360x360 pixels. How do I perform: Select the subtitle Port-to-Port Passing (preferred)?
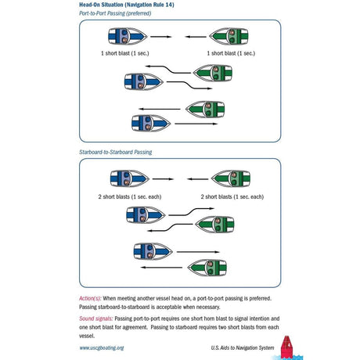point(115,13)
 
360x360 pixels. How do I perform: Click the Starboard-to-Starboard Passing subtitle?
point(116,152)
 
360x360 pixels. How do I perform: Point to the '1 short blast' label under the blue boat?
point(125,53)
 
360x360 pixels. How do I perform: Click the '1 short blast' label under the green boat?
point(231,53)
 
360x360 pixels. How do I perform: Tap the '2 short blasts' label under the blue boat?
point(130,196)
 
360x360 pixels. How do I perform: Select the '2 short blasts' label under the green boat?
point(232,196)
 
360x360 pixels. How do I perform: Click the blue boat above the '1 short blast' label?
point(128,36)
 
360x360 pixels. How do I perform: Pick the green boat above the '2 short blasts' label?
point(231,179)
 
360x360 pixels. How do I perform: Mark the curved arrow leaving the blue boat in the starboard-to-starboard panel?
point(192,211)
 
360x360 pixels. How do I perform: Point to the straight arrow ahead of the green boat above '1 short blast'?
point(196,37)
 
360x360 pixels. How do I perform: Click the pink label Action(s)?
point(90,298)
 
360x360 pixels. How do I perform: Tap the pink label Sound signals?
point(96,319)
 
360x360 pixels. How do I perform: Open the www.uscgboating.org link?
point(102,347)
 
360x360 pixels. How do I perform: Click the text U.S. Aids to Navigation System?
point(243,347)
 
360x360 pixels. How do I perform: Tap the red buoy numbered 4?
point(286,347)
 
